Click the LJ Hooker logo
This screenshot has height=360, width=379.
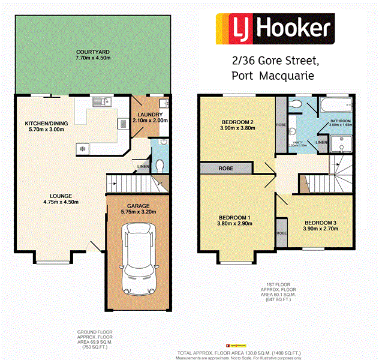click(273, 28)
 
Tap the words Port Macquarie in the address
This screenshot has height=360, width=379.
click(271, 75)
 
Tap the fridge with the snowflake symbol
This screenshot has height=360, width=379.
click(81, 148)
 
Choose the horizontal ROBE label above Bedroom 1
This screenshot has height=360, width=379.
click(225, 169)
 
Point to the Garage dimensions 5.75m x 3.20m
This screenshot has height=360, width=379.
click(137, 212)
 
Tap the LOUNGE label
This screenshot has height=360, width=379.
click(61, 196)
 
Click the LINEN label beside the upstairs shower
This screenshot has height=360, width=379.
click(321, 142)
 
